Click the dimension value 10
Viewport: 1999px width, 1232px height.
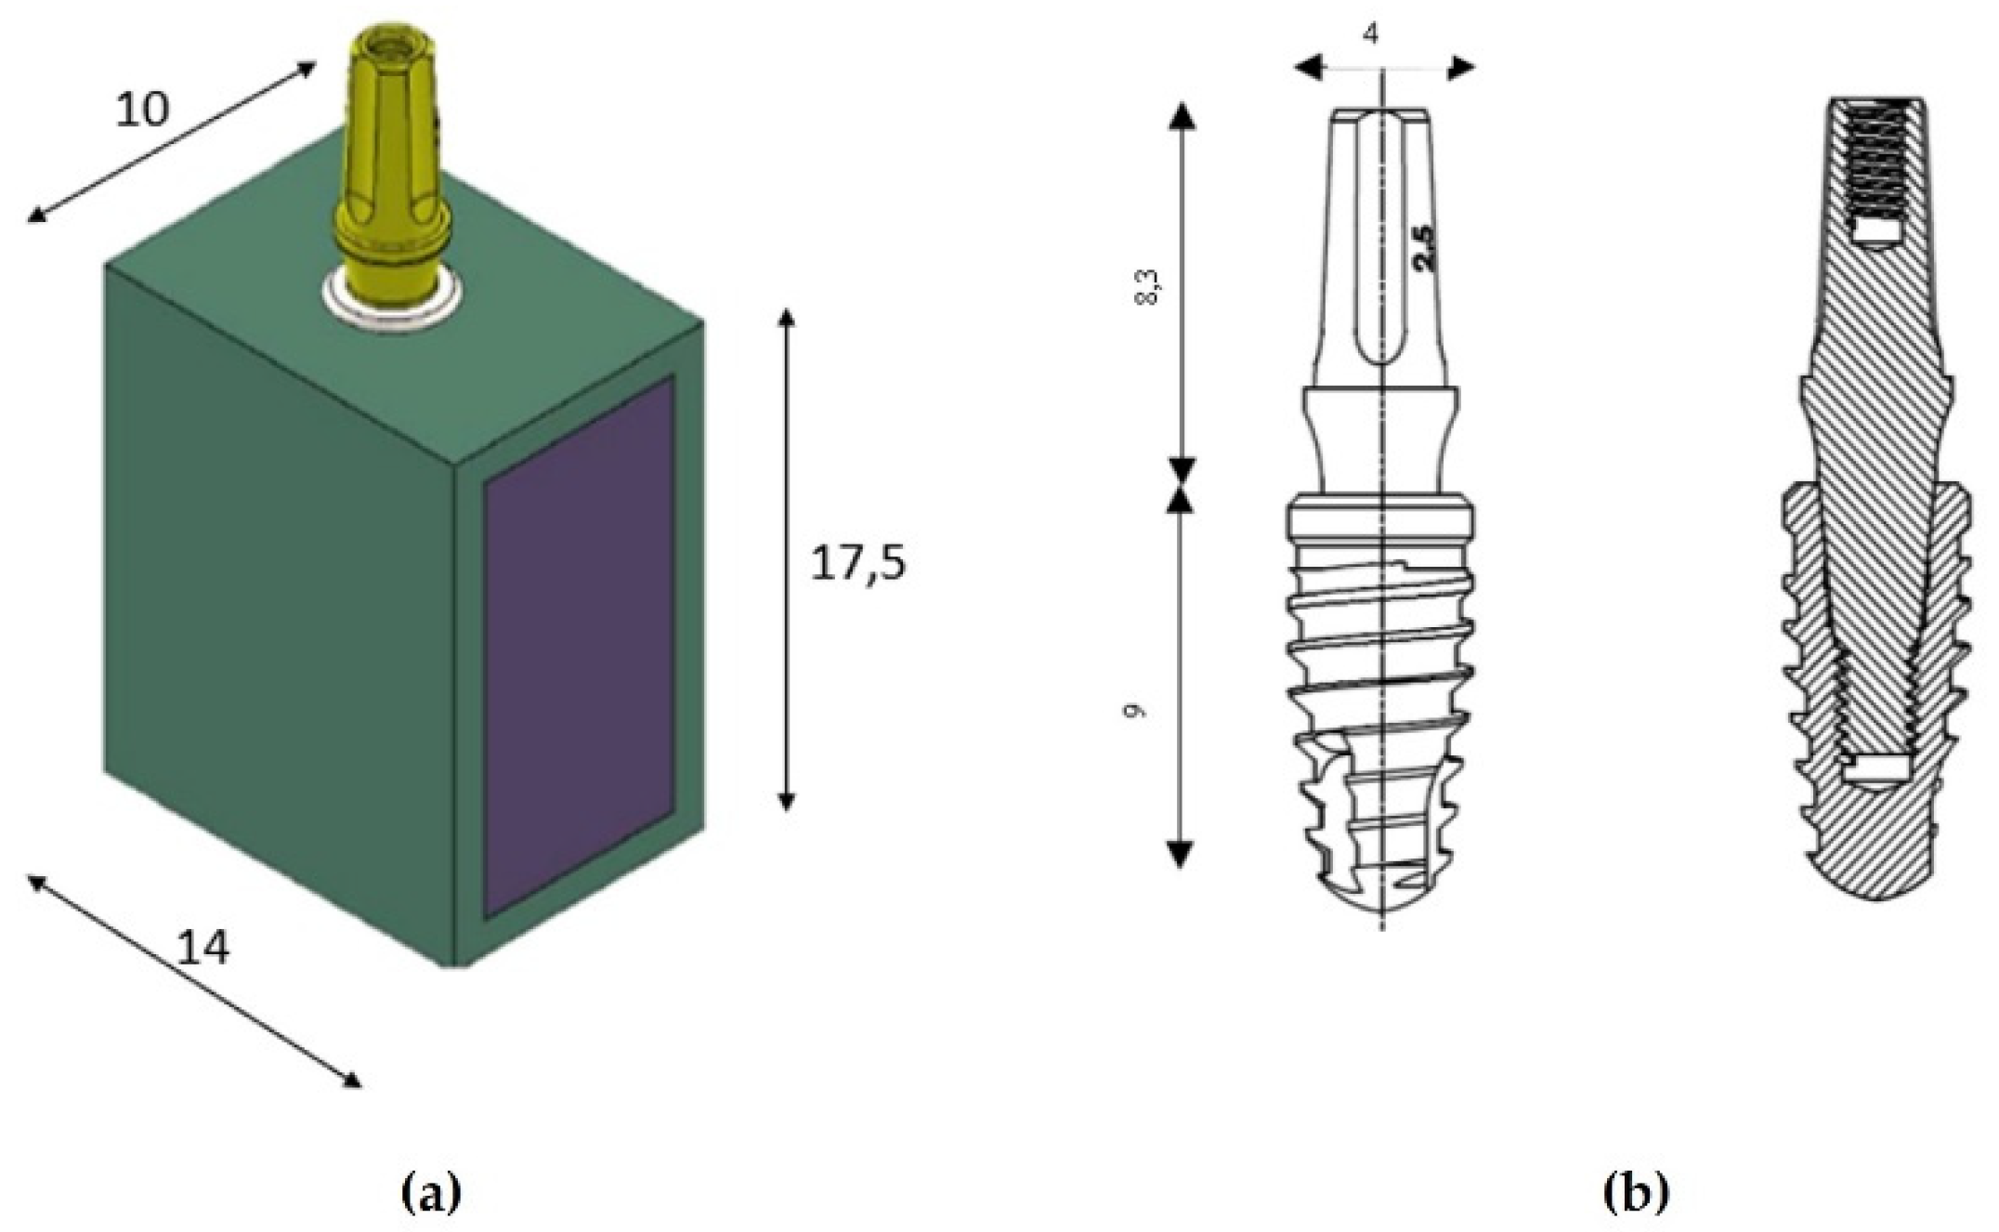(x=142, y=111)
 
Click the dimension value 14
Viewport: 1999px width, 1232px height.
(x=202, y=949)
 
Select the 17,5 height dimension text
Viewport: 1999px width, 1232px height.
(x=856, y=564)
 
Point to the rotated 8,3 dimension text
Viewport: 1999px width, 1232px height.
(x=1151, y=288)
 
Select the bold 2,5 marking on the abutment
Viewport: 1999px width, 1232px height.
(x=1423, y=249)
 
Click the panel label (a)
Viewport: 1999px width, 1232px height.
(x=429, y=1191)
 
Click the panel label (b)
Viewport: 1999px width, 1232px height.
(x=1636, y=1191)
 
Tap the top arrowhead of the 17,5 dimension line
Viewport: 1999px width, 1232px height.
(x=787, y=319)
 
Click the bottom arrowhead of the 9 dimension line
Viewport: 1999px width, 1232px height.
(x=1180, y=854)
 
